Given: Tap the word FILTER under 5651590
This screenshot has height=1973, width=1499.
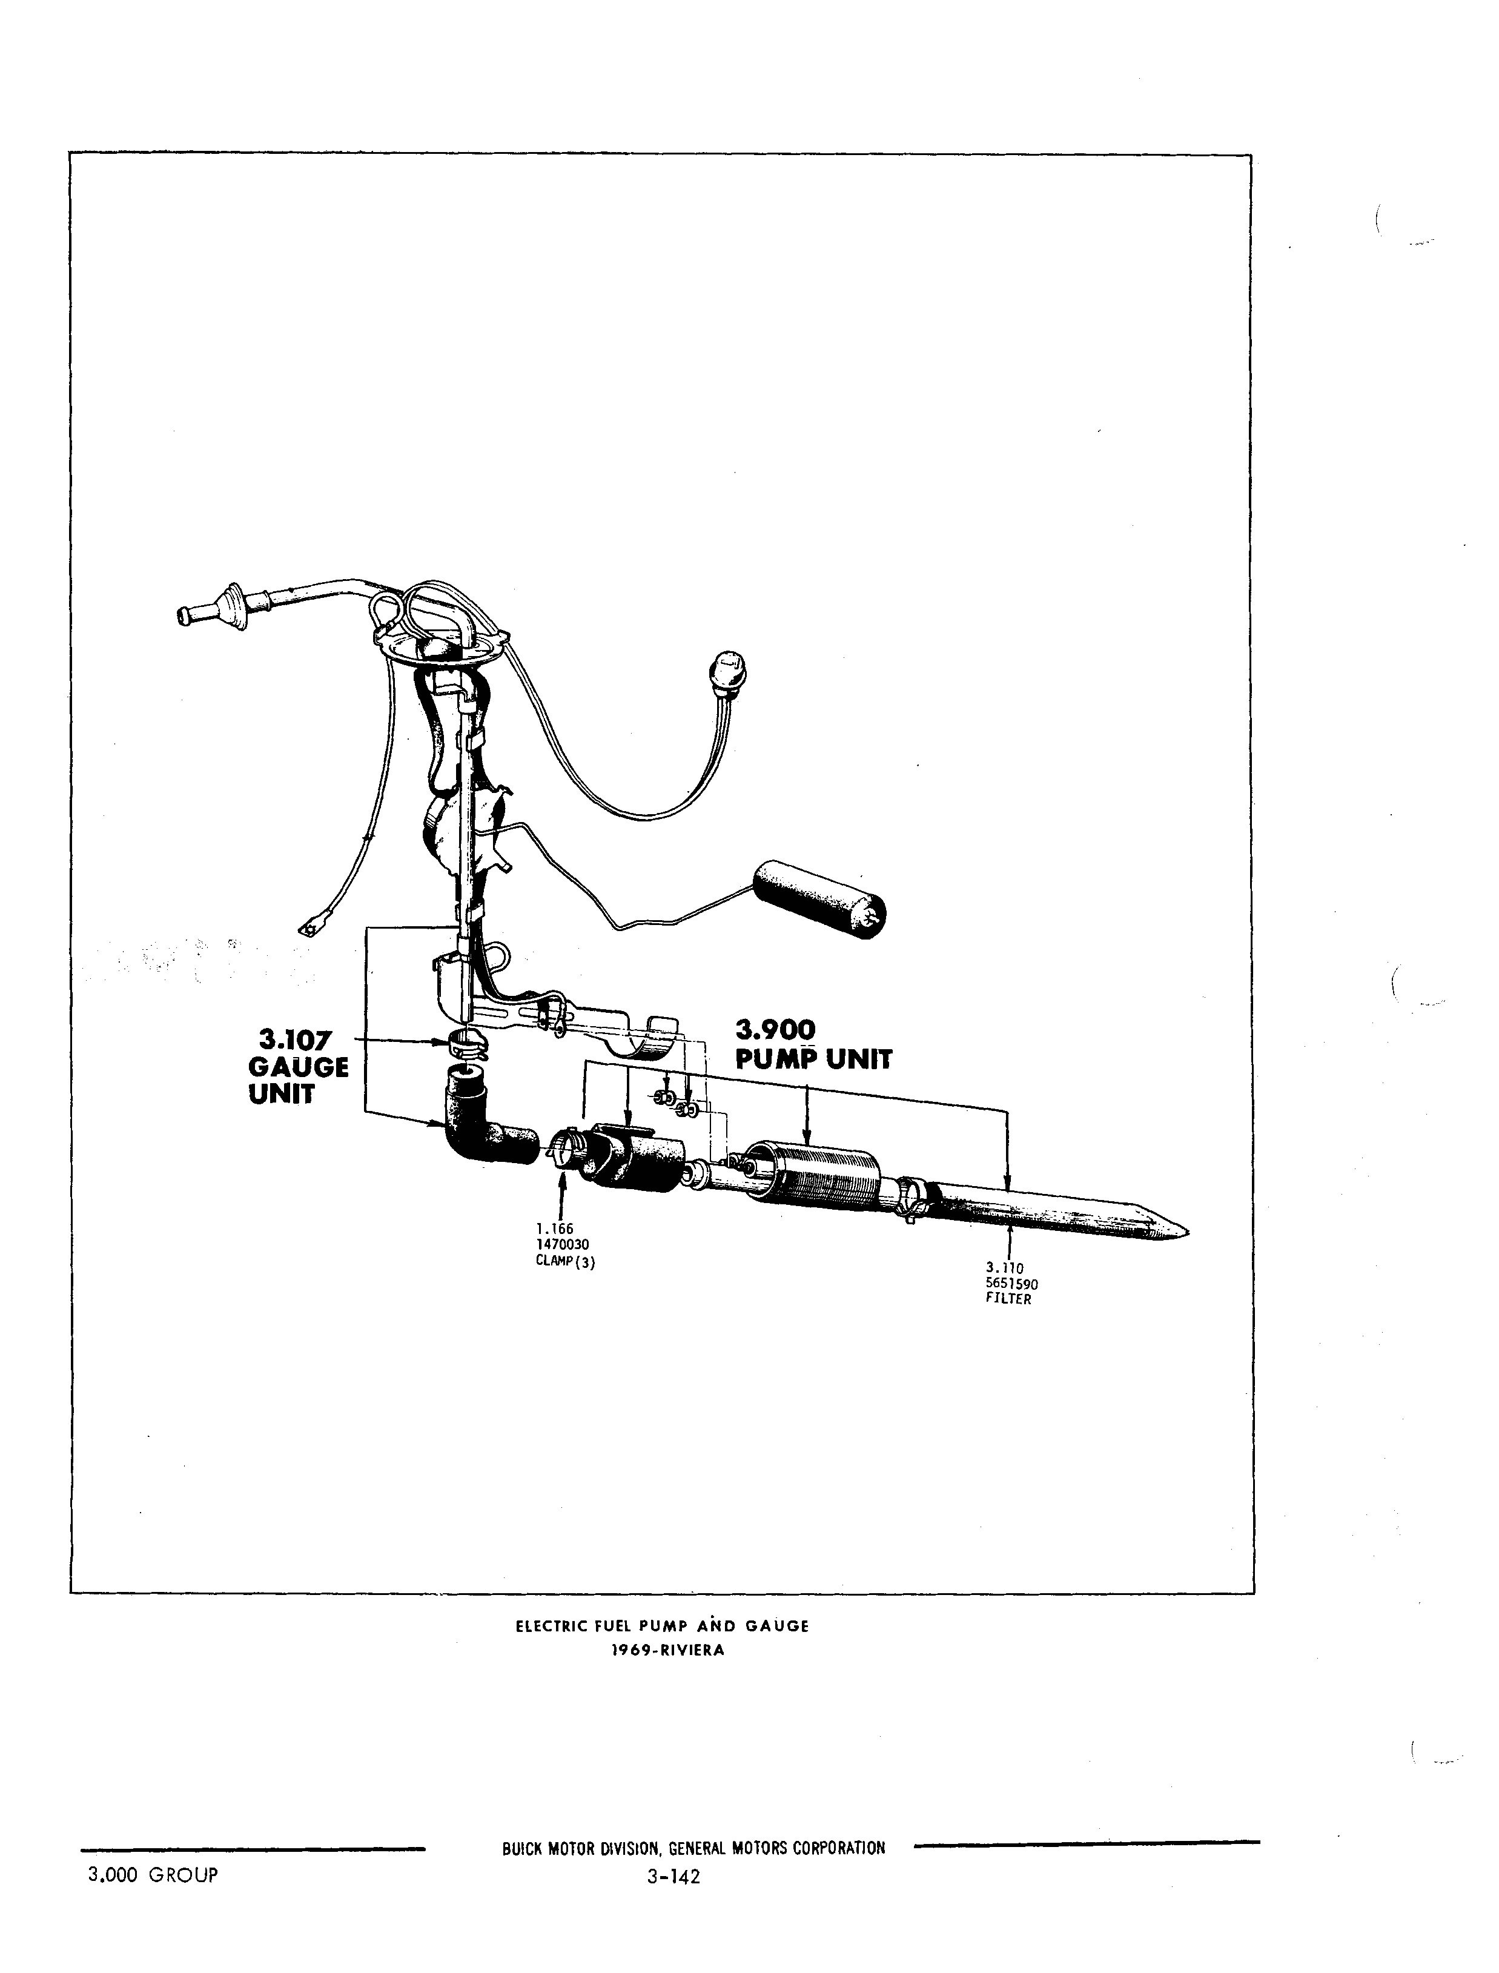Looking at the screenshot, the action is coord(1008,1299).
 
